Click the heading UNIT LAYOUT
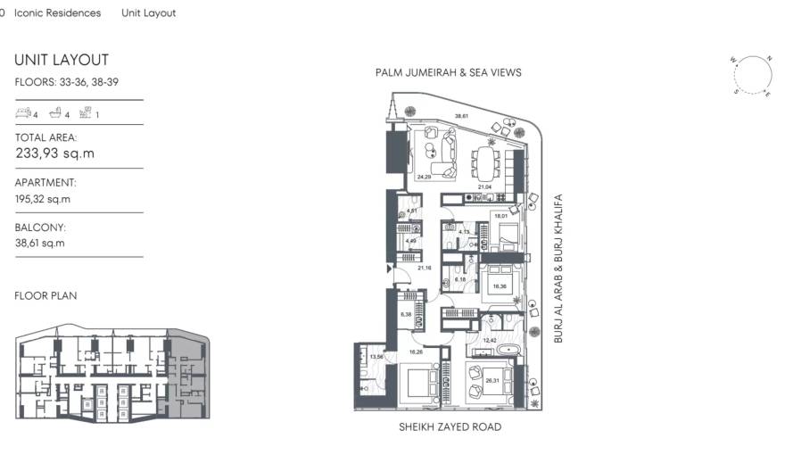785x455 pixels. (x=62, y=60)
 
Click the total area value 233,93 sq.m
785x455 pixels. (x=55, y=153)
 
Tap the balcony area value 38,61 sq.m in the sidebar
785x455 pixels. (x=39, y=243)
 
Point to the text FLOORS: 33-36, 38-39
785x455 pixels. (x=67, y=82)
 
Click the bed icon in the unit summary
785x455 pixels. (x=23, y=113)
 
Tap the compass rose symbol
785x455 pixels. (x=754, y=75)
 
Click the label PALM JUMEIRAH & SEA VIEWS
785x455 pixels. (x=448, y=72)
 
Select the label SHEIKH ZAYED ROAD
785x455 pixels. (x=450, y=427)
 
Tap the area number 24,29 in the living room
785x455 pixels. (x=425, y=177)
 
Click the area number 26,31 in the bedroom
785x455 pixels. (x=492, y=381)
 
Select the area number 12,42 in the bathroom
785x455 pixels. (x=490, y=340)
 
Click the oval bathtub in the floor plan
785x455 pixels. (x=497, y=352)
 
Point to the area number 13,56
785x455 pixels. (x=376, y=356)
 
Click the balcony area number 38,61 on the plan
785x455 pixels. (x=461, y=116)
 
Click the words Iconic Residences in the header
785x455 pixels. (x=58, y=13)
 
